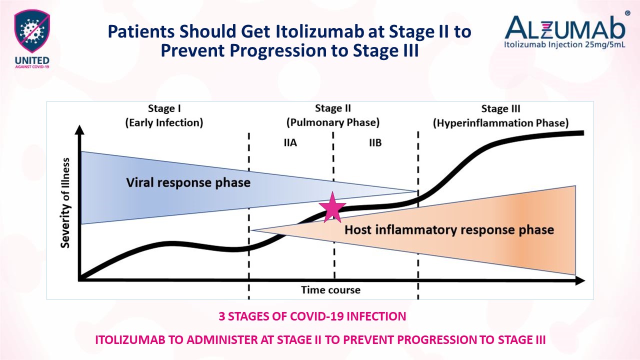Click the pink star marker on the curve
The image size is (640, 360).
(332, 209)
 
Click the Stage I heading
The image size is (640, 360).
(164, 109)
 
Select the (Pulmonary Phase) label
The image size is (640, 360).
(332, 122)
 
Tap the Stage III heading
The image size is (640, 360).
(500, 109)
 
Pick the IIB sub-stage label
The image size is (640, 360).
(375, 143)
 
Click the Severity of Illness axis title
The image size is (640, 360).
(65, 202)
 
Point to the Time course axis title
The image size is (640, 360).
(330, 290)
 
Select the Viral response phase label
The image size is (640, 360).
(188, 182)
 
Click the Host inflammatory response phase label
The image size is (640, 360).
(449, 230)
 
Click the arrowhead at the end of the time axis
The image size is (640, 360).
(580, 280)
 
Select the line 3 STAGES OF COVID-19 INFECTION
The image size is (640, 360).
(312, 316)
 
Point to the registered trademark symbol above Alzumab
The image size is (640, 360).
(628, 13)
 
